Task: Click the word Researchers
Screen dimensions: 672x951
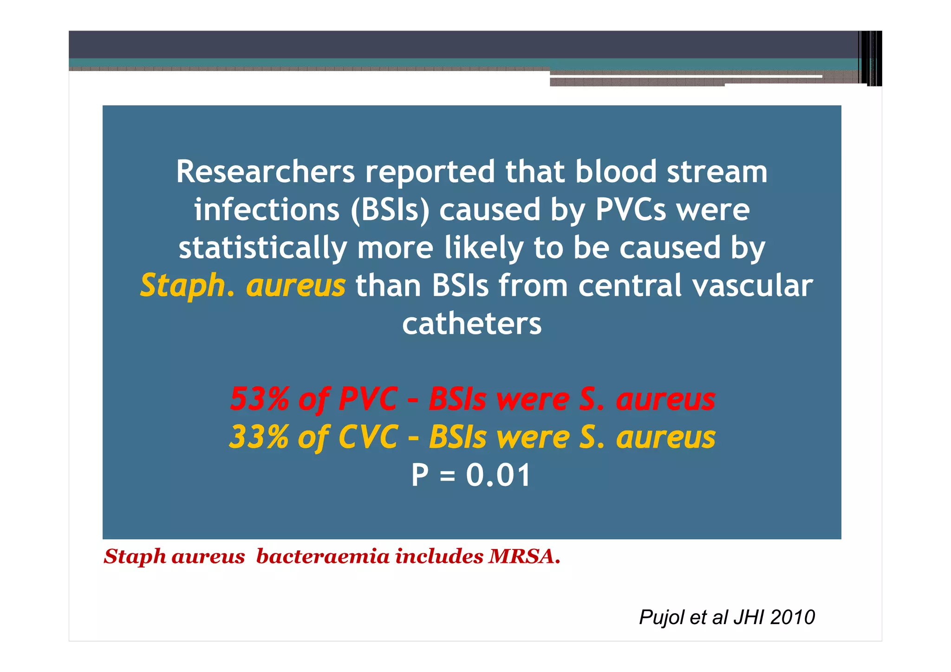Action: [265, 172]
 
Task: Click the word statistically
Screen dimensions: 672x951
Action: [263, 248]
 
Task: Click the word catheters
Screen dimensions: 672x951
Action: [472, 324]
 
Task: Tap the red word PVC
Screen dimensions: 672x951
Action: [368, 399]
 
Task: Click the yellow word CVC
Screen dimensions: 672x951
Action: [368, 437]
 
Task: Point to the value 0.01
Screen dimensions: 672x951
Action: [498, 475]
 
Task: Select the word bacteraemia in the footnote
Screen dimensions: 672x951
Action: [322, 556]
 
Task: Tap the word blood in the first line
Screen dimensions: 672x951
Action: [616, 172]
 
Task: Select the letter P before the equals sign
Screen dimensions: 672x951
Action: [420, 475]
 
